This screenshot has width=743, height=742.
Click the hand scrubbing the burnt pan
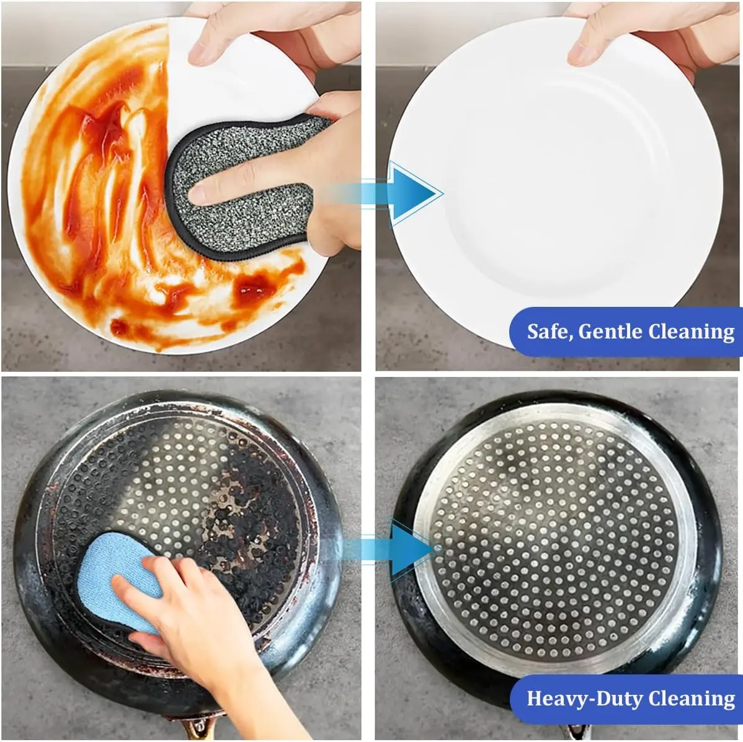199,630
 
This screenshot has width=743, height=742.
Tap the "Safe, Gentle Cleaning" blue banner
626,332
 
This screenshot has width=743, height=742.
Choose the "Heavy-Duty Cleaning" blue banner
626,699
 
